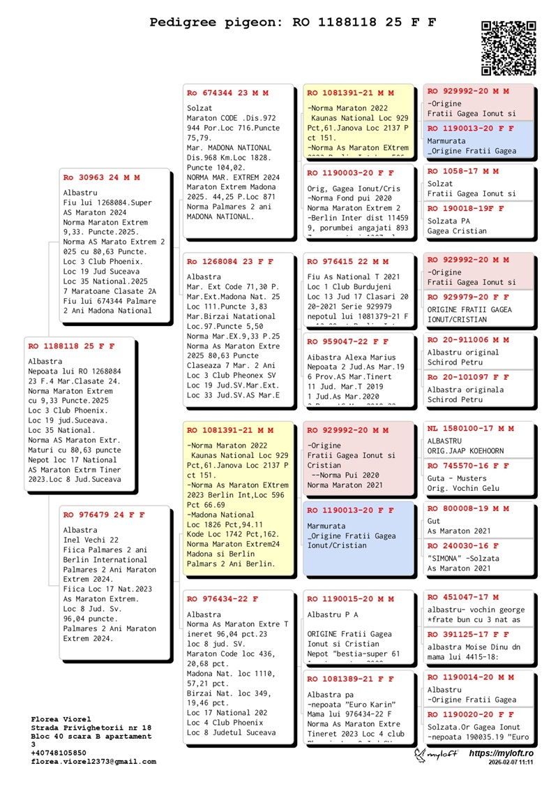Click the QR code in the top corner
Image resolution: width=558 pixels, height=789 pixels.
(508, 48)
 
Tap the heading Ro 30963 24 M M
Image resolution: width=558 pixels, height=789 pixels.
(102, 178)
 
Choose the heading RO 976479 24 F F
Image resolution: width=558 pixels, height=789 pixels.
(104, 515)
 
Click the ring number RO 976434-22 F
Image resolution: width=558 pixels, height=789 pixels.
(223, 599)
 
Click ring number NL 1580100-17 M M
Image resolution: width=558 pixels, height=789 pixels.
(471, 428)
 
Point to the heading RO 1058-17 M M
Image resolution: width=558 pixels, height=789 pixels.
(463, 171)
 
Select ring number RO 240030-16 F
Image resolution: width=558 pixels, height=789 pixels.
(463, 545)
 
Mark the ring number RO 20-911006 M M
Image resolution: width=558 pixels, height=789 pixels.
(468, 340)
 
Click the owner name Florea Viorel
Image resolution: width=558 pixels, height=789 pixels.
(61, 719)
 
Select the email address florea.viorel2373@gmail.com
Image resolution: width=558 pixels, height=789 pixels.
(93, 762)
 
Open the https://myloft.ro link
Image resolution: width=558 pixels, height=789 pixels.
(501, 754)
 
